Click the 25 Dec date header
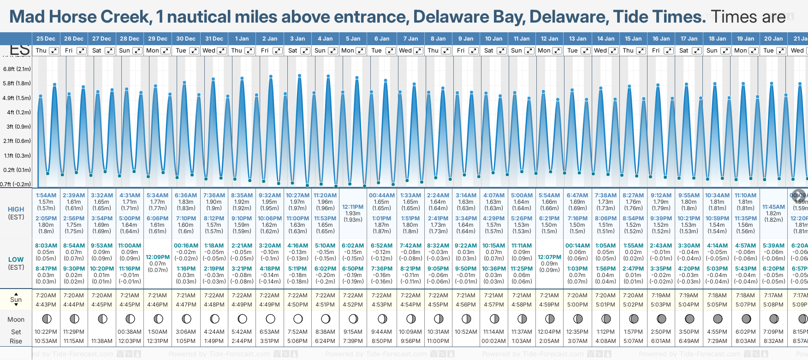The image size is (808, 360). click(x=46, y=39)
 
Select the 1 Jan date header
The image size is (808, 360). click(x=242, y=39)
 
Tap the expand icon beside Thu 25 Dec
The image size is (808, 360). click(x=54, y=51)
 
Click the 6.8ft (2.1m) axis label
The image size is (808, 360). click(x=17, y=69)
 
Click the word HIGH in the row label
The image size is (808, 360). click(x=16, y=209)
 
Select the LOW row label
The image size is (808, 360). click(x=16, y=260)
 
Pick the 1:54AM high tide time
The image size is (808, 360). click(x=46, y=195)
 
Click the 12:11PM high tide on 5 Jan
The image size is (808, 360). click(x=353, y=207)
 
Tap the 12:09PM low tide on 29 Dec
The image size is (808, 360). click(x=158, y=257)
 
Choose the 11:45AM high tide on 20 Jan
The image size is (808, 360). click(x=773, y=207)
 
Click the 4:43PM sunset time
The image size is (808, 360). click(x=46, y=305)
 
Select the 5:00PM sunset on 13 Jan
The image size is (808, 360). click(x=577, y=305)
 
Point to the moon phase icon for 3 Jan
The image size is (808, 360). click(x=298, y=319)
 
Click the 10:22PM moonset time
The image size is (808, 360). click(x=46, y=332)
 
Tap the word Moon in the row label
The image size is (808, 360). click(x=16, y=319)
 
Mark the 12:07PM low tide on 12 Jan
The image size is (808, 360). click(x=549, y=257)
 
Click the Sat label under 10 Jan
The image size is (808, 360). click(x=489, y=51)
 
